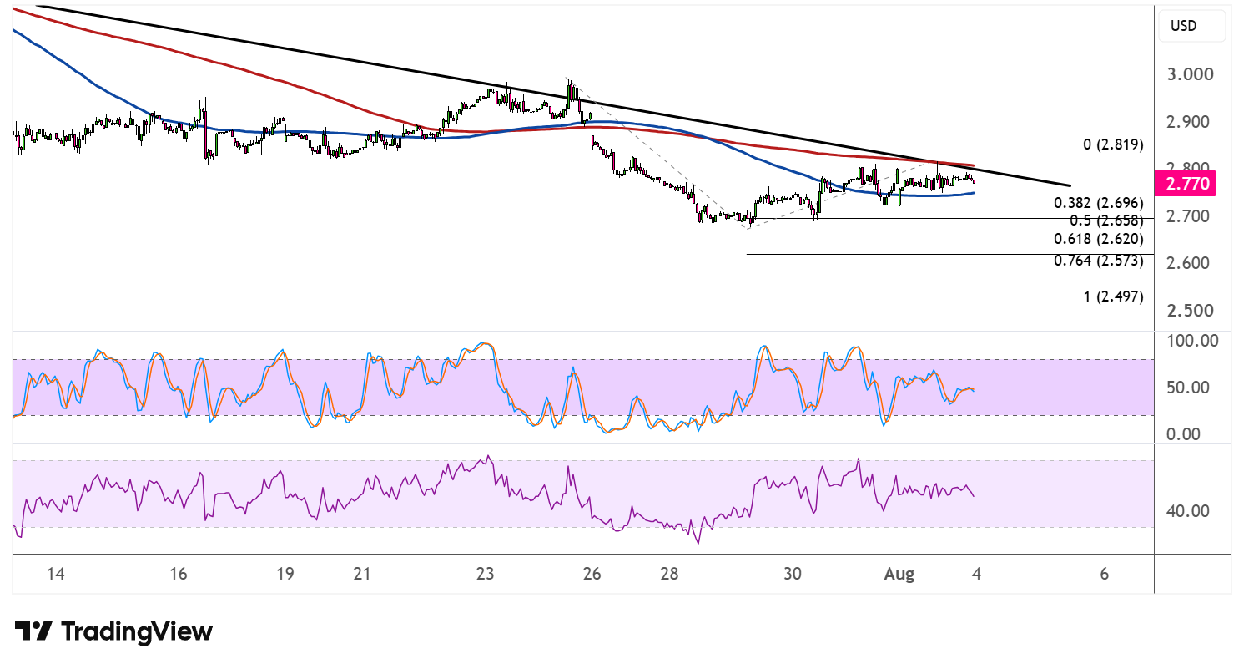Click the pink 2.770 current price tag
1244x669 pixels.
1186,184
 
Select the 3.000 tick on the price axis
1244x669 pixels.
1190,74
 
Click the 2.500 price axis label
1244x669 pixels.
1190,311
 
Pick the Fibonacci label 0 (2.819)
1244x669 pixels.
1113,144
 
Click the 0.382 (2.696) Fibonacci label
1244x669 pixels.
1099,203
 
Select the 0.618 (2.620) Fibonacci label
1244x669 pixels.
1099,239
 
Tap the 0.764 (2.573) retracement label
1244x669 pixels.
1099,261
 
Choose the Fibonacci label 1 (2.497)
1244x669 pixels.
1113,296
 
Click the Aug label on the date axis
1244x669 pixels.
899,574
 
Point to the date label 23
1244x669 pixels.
485,573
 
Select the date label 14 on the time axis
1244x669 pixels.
56,573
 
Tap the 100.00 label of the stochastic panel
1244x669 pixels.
1193,341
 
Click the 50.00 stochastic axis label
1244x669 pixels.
1188,388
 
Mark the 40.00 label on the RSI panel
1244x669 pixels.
1188,511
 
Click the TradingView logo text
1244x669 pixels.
137,631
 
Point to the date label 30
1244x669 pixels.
793,573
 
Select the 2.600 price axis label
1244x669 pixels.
1190,263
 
